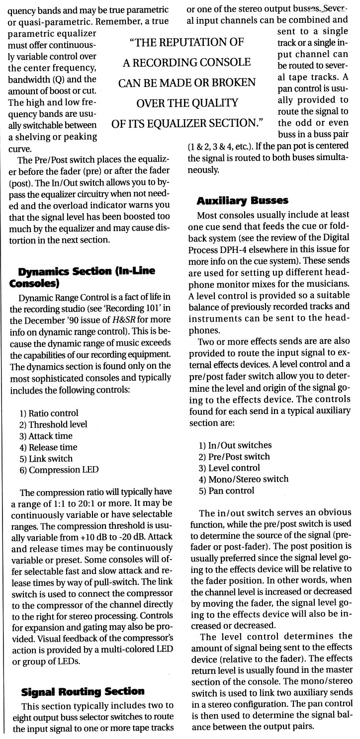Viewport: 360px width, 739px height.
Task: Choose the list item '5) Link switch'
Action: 47,458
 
